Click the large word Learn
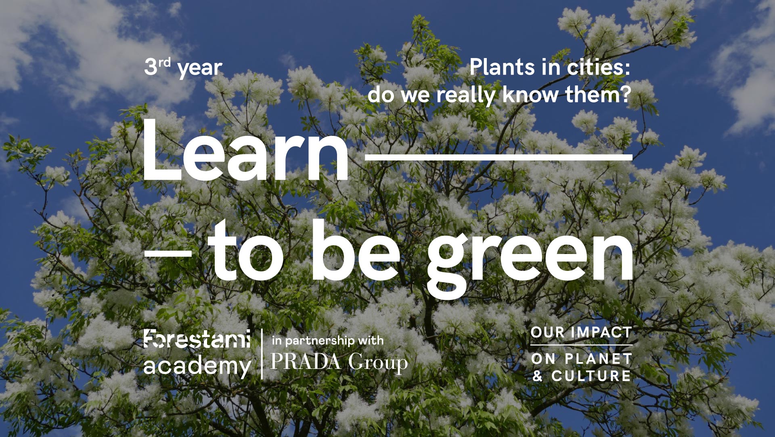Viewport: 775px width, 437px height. (246, 150)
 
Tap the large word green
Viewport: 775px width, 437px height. (530, 258)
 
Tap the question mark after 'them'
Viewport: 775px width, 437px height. (625, 94)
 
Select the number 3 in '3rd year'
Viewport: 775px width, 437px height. (151, 67)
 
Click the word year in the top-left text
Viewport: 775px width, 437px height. (200, 69)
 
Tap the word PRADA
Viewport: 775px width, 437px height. (306, 362)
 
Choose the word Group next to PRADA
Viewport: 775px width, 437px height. (378, 363)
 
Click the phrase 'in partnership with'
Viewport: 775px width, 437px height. (328, 341)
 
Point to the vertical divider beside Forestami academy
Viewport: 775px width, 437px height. (262, 354)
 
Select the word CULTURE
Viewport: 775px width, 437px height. (591, 376)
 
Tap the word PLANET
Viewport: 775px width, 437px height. (598, 358)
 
